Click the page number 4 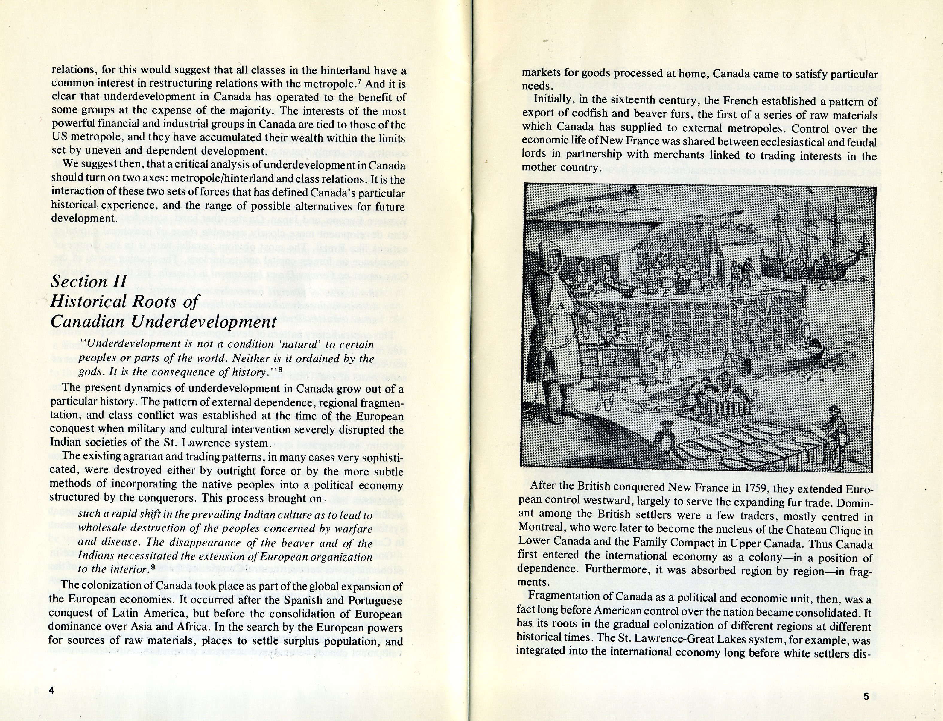[x=51, y=690]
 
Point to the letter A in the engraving [x=560, y=306]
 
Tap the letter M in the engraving [x=696, y=431]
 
